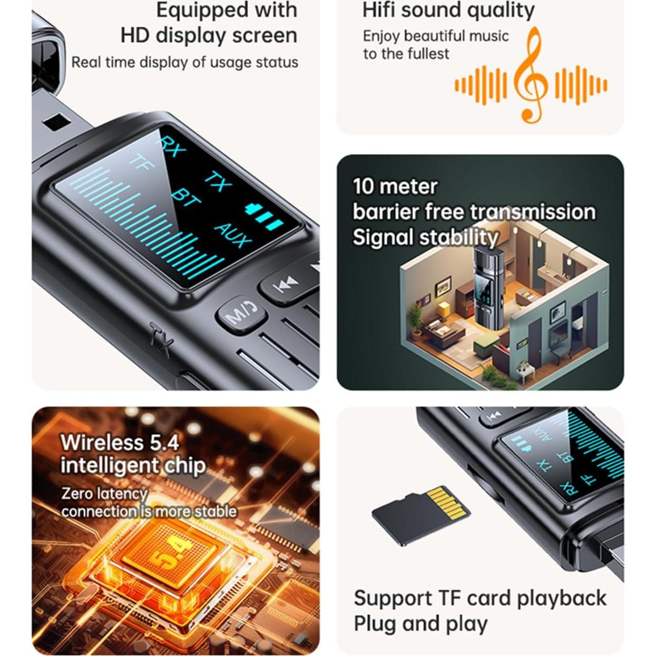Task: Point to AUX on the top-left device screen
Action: point(231,235)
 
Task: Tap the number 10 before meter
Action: point(363,187)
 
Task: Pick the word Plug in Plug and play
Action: point(374,623)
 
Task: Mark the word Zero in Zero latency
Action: point(79,493)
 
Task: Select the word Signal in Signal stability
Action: point(383,237)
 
